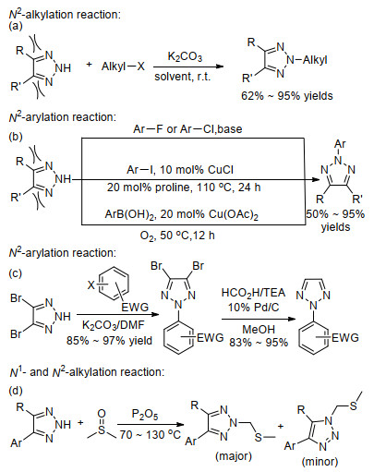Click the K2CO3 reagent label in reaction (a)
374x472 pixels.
[x=185, y=57]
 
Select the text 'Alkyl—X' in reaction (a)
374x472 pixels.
[x=123, y=66]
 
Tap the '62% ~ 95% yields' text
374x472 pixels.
[x=287, y=96]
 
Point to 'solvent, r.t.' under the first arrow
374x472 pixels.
[x=183, y=77]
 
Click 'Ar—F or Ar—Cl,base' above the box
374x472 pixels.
[x=187, y=128]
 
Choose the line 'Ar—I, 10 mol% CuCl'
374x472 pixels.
[x=180, y=170]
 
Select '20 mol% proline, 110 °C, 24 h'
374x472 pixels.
[x=184, y=188]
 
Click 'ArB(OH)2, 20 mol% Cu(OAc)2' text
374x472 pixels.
[x=182, y=214]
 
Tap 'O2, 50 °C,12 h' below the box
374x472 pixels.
[x=177, y=236]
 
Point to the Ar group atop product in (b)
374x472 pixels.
[x=340, y=144]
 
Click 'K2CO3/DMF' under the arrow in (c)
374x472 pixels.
[x=114, y=325]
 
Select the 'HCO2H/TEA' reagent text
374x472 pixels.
[x=253, y=293]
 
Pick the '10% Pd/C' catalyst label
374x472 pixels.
[x=253, y=308]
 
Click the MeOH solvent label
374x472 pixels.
[x=259, y=329]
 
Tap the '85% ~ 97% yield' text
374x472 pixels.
[x=109, y=341]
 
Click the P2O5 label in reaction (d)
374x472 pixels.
[x=145, y=415]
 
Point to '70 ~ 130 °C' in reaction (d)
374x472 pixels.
[x=151, y=434]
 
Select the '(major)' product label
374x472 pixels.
[x=234, y=456]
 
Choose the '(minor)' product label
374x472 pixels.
[x=320, y=462]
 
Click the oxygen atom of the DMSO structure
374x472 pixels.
[x=102, y=413]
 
